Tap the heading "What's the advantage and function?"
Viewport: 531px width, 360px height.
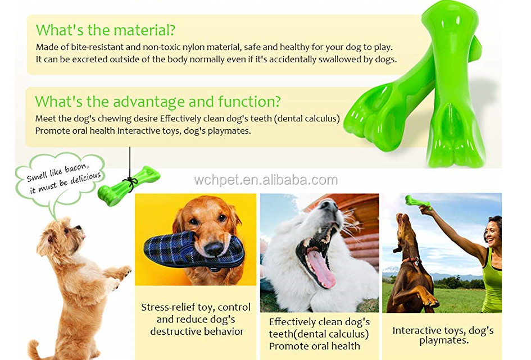[158, 102]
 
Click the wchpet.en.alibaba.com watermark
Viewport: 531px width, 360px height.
[266, 180]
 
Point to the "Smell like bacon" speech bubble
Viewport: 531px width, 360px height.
[60, 177]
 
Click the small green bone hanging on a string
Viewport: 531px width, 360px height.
[129, 183]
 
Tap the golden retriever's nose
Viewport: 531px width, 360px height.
[212, 249]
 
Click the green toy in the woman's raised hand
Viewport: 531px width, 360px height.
[417, 201]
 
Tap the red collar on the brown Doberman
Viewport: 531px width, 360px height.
[410, 261]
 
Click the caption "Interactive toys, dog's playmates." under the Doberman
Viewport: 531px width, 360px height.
[443, 335]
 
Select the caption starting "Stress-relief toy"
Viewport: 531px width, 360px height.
[195, 319]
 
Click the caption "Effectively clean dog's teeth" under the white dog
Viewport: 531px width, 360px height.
[319, 334]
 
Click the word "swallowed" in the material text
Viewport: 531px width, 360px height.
[323, 60]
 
